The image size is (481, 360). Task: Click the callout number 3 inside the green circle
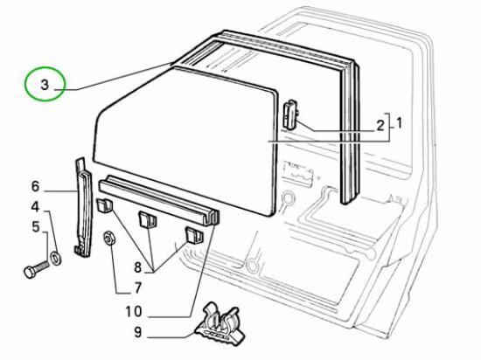click(x=45, y=85)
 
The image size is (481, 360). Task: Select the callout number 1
click(x=399, y=123)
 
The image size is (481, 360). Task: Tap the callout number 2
click(x=380, y=126)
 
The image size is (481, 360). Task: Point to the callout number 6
click(x=36, y=186)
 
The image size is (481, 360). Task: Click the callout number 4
click(x=36, y=207)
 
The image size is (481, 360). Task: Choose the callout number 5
click(x=36, y=227)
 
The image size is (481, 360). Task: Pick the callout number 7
click(x=138, y=288)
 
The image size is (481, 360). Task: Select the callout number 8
click(x=137, y=267)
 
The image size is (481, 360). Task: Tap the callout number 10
click(x=134, y=312)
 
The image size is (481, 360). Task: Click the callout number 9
click(x=138, y=332)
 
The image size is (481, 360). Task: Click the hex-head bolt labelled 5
click(x=36, y=268)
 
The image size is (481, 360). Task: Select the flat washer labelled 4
click(x=56, y=258)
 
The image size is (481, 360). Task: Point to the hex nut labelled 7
click(x=109, y=238)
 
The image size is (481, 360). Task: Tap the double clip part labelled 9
click(x=220, y=326)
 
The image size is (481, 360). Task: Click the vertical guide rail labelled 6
click(x=83, y=208)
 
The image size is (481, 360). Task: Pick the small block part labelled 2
click(x=289, y=114)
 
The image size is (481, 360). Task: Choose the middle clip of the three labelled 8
click(x=148, y=219)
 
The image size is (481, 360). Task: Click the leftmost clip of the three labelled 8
click(x=105, y=205)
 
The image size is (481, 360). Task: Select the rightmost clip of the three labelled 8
click(x=194, y=236)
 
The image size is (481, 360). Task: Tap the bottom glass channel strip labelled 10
click(x=159, y=199)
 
